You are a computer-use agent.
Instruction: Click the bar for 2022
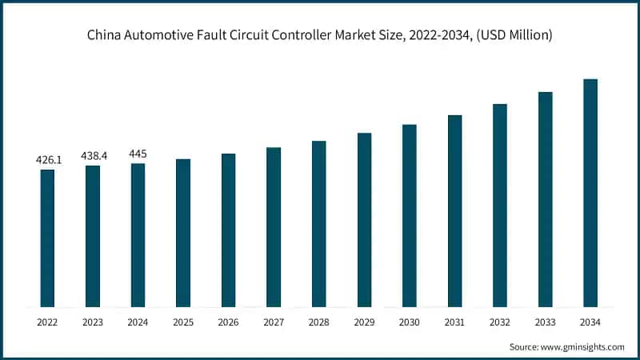point(48,238)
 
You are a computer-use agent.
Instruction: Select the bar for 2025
point(183,233)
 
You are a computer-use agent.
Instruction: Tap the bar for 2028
point(319,224)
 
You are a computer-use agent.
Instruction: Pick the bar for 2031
point(455,210)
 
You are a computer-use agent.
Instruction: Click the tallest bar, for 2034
point(590,193)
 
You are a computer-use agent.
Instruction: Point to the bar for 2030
point(410,215)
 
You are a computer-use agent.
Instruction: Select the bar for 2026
point(229,230)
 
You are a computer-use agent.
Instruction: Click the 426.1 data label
point(48,160)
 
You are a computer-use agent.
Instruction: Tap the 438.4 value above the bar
point(93,156)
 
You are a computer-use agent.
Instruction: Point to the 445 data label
point(138,154)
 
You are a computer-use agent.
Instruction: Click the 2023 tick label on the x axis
point(93,322)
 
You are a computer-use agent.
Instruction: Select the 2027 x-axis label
point(274,322)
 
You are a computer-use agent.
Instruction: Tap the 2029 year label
point(364,322)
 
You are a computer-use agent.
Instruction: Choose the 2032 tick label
point(500,322)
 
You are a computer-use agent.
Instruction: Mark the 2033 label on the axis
point(546,322)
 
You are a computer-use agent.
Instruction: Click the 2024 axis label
point(138,322)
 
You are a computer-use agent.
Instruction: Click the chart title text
point(320,35)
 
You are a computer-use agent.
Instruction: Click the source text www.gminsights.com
point(582,346)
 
